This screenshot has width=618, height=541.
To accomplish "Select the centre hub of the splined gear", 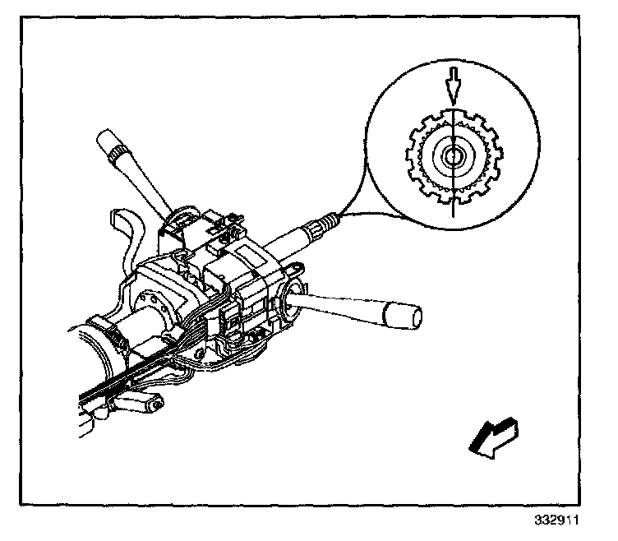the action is point(452,156).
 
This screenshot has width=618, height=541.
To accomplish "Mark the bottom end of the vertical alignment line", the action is point(452,215).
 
